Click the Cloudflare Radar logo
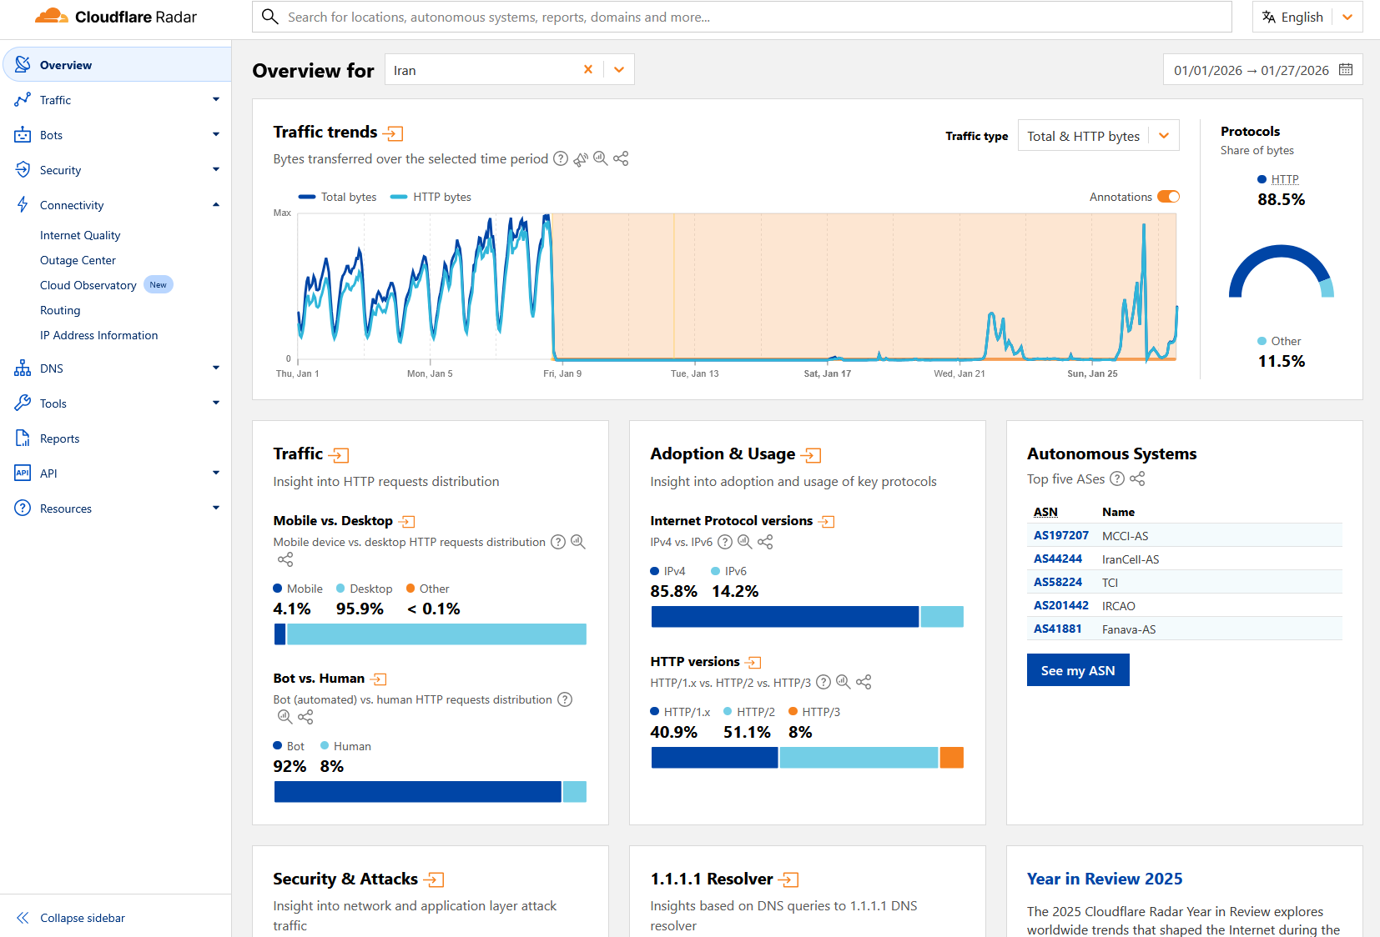(116, 17)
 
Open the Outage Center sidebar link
(78, 260)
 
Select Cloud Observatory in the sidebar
(88, 285)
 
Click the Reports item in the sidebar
(59, 438)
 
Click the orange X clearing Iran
(588, 69)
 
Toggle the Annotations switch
(1168, 197)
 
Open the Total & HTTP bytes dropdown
(1098, 136)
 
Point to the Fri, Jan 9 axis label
(562, 373)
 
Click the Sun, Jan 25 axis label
(1092, 373)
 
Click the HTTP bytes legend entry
(431, 197)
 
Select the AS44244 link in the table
(1057, 559)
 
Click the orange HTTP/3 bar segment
(951, 758)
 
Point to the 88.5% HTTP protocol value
(1281, 199)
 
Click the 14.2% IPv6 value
(734, 591)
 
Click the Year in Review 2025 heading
(1104, 879)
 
